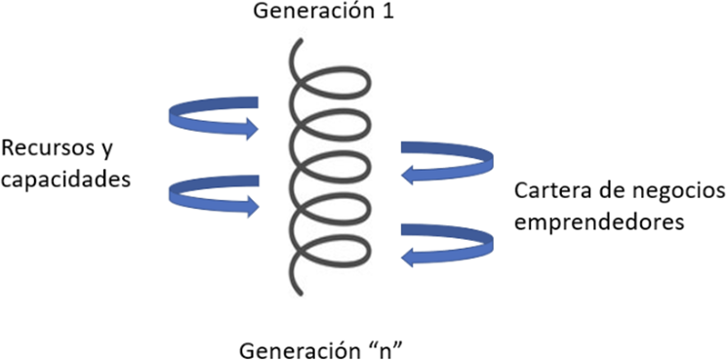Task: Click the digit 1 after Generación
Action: [387, 11]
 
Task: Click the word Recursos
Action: [50, 149]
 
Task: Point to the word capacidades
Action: [65, 180]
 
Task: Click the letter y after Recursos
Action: [107, 153]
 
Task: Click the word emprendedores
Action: [599, 223]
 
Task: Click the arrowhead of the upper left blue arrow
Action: [252, 128]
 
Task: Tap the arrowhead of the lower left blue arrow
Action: [252, 206]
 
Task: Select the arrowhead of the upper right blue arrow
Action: [408, 177]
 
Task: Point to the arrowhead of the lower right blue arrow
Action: [408, 258]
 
